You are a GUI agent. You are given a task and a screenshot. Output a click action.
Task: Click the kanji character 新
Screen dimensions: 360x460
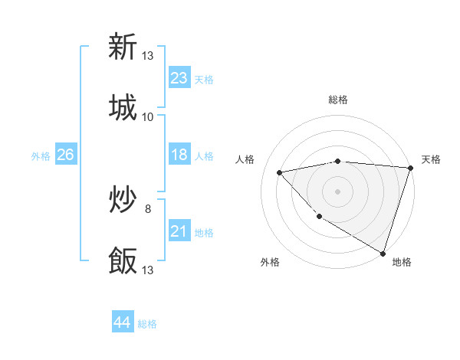pos(123,47)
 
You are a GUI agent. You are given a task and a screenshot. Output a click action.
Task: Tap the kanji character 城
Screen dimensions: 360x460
pos(123,107)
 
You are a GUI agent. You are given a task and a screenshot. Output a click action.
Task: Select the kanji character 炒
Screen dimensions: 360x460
pos(123,200)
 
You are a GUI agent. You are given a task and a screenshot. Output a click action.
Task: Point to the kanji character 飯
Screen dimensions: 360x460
pos(123,260)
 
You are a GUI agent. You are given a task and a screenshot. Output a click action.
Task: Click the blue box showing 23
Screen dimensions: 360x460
pos(179,78)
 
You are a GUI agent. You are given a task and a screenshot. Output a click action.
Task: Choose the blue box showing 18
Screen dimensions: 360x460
pos(179,155)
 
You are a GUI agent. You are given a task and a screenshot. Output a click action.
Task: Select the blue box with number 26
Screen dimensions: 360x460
pos(65,155)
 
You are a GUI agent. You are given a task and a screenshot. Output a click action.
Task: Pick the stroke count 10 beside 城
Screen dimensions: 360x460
pos(148,117)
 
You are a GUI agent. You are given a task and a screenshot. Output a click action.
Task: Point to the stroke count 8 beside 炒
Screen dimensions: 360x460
pos(148,208)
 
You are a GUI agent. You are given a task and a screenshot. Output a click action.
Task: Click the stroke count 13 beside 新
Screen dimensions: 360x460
pos(148,56)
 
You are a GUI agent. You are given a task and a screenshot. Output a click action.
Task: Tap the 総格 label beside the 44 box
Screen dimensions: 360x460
pos(147,324)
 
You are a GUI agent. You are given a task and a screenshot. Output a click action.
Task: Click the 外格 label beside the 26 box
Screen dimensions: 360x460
pos(41,155)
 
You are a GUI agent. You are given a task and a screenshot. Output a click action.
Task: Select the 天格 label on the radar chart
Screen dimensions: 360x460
pos(432,159)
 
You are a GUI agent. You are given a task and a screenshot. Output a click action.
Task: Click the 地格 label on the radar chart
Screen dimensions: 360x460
pos(402,262)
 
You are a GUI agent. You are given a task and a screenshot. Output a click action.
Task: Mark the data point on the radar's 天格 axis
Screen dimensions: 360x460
pos(410,168)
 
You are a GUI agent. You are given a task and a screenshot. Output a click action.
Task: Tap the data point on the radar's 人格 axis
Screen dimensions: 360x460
pos(280,172)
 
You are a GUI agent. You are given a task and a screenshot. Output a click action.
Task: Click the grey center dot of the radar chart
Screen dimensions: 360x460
pos(337,191)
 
